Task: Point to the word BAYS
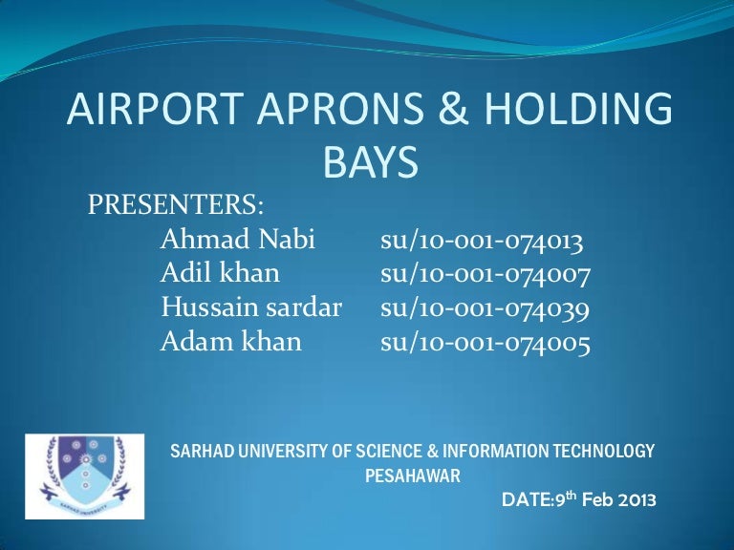[371, 163]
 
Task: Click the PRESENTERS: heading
[176, 204]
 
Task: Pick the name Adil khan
[221, 274]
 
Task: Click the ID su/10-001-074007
[486, 274]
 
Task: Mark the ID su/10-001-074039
[486, 307]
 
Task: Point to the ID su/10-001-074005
[485, 341]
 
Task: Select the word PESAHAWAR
[413, 474]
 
